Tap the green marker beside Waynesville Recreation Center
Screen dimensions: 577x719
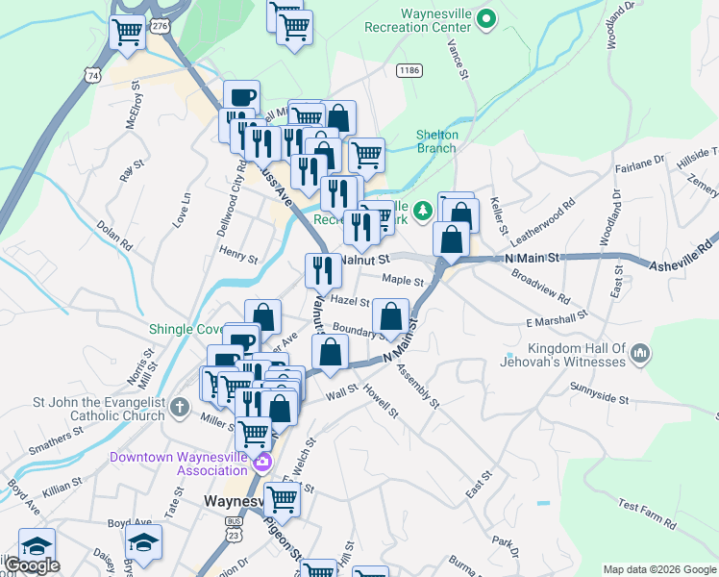(487, 18)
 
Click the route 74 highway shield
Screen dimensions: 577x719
(92, 74)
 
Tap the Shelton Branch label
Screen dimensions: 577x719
(437, 141)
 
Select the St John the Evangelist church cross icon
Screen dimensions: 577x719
(179, 409)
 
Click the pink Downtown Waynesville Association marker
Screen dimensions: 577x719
(261, 464)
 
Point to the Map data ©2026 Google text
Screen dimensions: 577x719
(658, 569)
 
